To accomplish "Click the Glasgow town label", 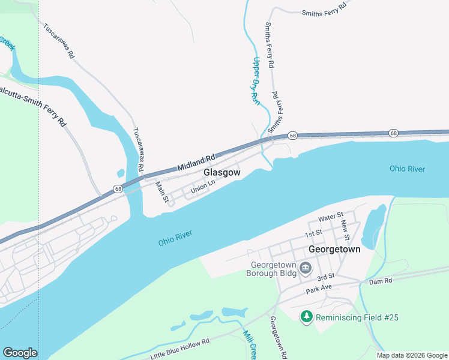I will pyautogui.click(x=222, y=172).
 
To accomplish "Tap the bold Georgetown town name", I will pyautogui.click(x=334, y=249).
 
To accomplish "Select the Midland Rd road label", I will pyautogui.click(x=196, y=161).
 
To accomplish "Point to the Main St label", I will pyautogui.click(x=160, y=191).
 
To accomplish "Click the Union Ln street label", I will pyautogui.click(x=202, y=188).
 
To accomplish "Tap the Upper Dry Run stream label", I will pyautogui.click(x=256, y=82).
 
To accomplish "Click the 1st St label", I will pyautogui.click(x=313, y=233).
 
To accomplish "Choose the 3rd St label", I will pyautogui.click(x=325, y=277).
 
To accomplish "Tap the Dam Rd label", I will pyautogui.click(x=380, y=281).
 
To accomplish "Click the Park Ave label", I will pyautogui.click(x=318, y=288).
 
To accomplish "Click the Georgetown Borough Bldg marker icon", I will pyautogui.click(x=306, y=268).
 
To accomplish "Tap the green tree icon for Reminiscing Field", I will pyautogui.click(x=307, y=316).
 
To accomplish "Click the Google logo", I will pyautogui.click(x=20, y=353).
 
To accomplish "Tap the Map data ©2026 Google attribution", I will pyautogui.click(x=411, y=355).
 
